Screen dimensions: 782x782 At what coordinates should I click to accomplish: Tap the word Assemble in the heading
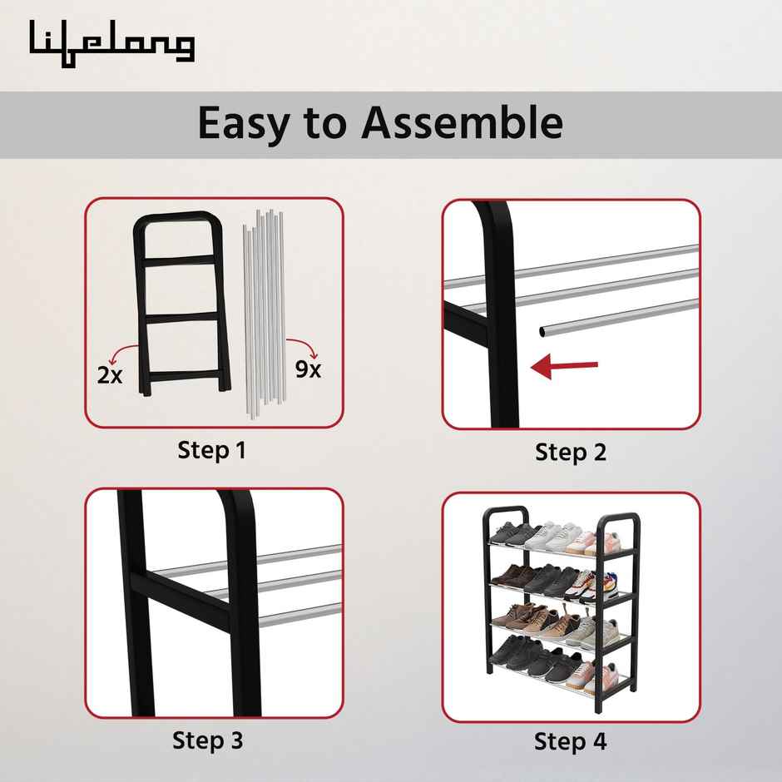coord(462,122)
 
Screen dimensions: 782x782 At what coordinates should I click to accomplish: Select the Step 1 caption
coord(212,451)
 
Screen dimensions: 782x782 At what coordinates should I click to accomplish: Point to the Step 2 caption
coord(571,453)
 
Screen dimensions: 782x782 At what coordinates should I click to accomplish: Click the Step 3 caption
coord(208,740)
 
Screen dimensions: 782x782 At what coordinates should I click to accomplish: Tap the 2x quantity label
coord(110,375)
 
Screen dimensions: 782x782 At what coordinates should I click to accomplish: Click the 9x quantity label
coord(308,369)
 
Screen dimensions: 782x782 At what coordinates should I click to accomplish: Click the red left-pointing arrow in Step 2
coord(565,367)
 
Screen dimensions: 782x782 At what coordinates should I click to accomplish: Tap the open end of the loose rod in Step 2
coord(543,330)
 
